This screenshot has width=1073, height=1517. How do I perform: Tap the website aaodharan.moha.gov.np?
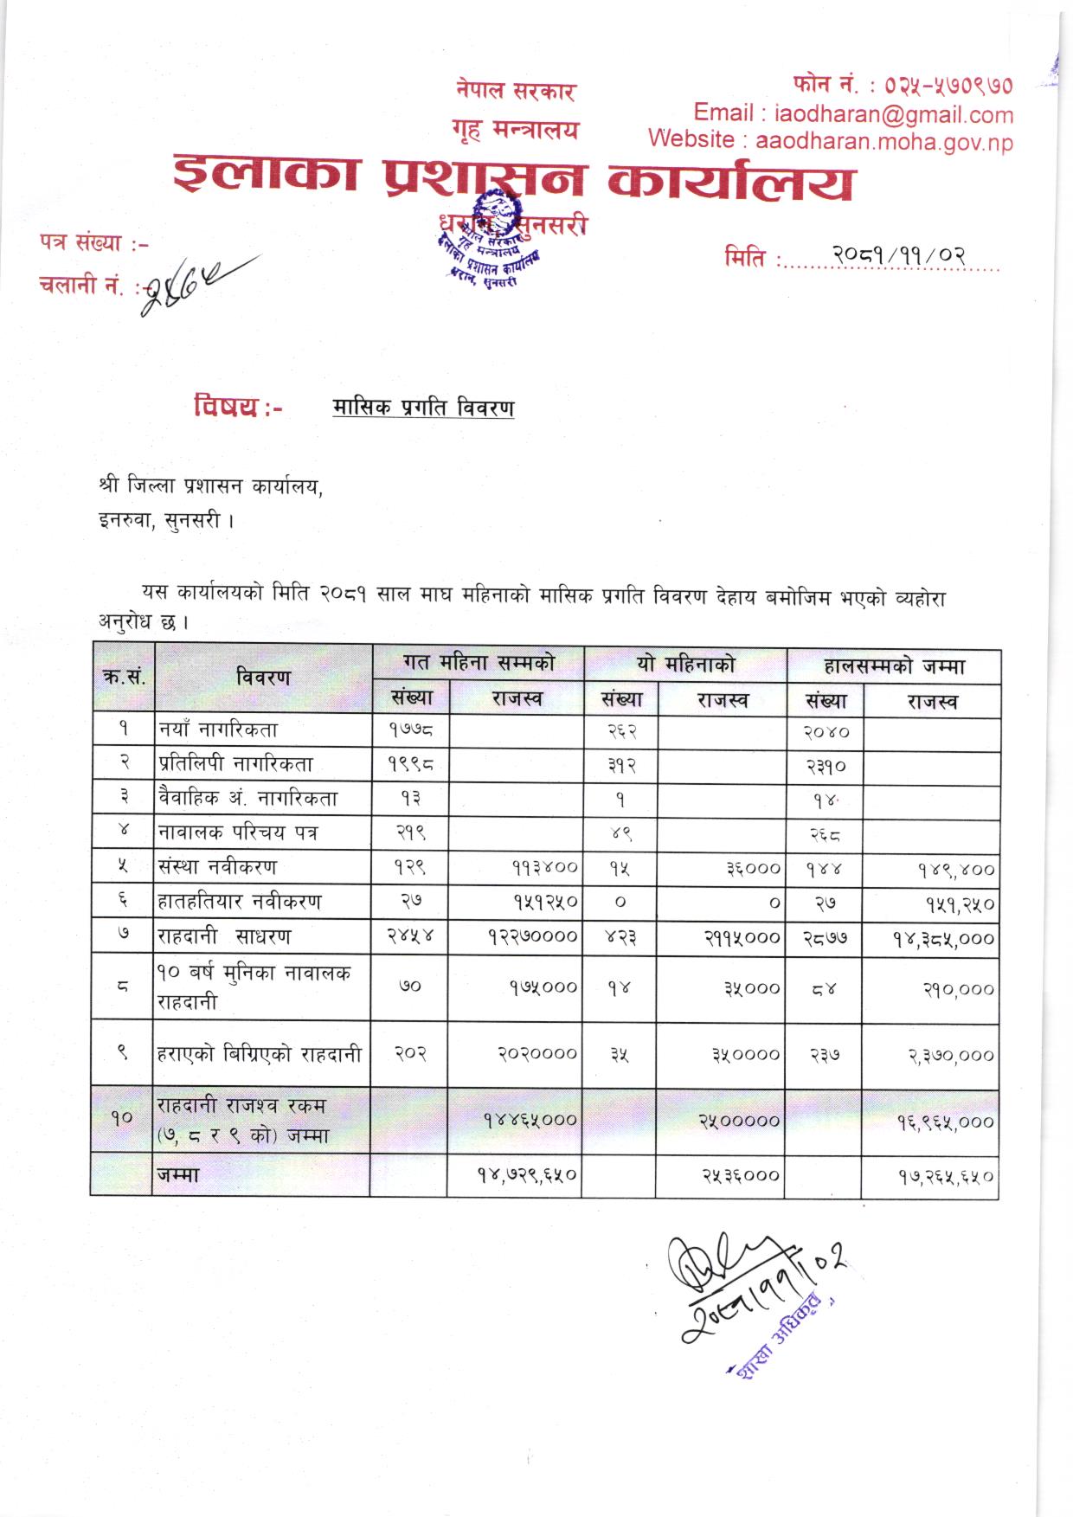(x=883, y=141)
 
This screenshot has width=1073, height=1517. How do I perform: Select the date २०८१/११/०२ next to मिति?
(x=899, y=256)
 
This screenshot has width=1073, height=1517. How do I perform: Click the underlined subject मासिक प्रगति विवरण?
(x=423, y=408)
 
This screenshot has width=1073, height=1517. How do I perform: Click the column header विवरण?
(x=263, y=678)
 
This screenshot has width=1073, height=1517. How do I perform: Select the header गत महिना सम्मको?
(x=479, y=664)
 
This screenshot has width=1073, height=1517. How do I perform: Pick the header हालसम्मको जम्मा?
(x=894, y=666)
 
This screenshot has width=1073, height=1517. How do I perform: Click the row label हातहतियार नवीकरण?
(x=239, y=902)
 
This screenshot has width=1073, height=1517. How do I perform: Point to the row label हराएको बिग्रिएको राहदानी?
(x=260, y=1054)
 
